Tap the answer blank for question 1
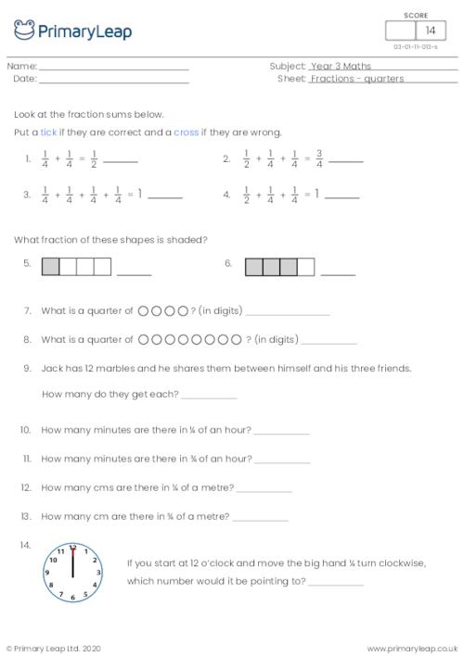tap(121, 162)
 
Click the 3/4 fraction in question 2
tap(319, 159)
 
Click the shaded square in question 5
tap(51, 267)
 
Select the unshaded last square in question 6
tap(306, 267)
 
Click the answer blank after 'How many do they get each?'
tap(209, 397)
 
